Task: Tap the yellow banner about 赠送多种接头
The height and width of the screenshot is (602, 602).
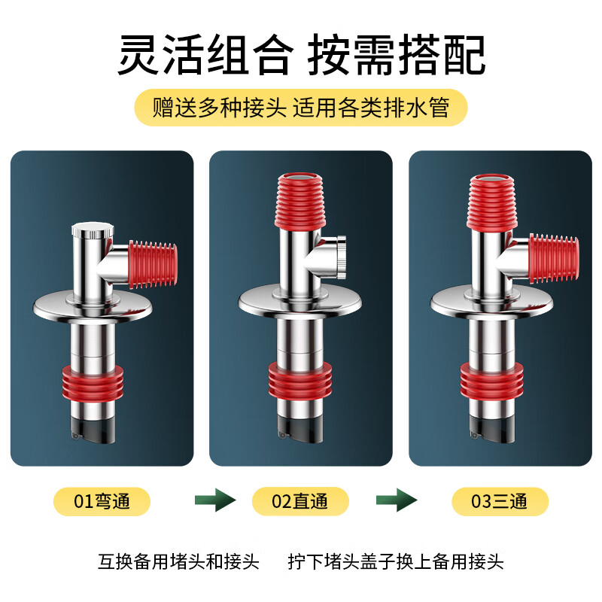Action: point(301,108)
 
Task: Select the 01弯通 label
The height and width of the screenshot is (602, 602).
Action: point(102,501)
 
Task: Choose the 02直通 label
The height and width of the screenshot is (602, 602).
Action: point(300,501)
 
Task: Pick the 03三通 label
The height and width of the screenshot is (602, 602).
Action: point(500,501)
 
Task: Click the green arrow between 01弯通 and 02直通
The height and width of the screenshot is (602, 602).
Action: point(215,500)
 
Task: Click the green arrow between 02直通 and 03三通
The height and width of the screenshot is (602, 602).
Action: point(397,500)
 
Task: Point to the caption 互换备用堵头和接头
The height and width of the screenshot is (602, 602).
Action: point(178,561)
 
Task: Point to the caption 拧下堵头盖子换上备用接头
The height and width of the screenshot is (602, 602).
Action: point(396,561)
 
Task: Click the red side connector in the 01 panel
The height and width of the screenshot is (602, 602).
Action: point(154,264)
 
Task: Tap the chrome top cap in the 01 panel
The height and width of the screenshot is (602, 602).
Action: point(91,229)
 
